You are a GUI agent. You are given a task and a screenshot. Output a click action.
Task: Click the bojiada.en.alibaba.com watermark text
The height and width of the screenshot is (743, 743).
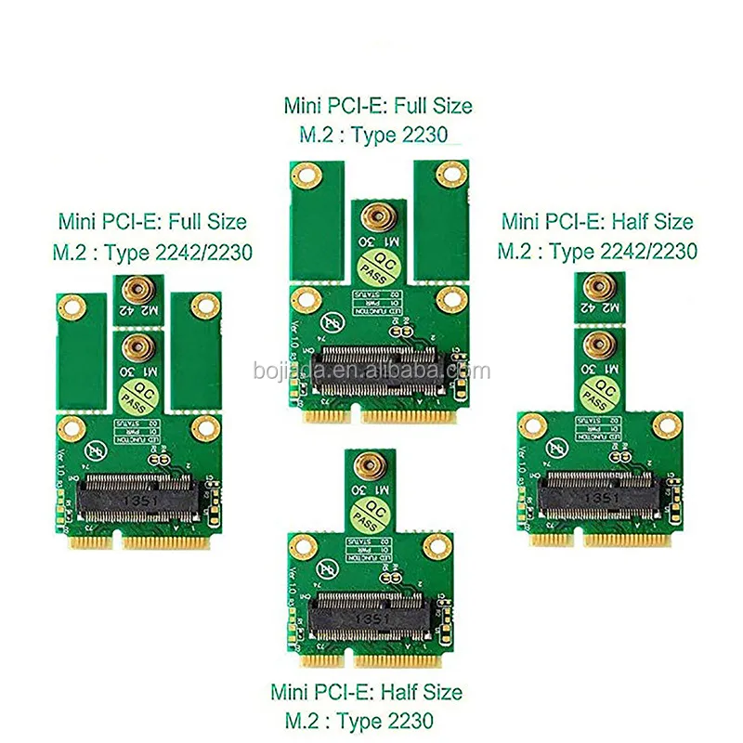(x=371, y=371)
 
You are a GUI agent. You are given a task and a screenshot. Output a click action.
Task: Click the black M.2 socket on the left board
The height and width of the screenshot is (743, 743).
(x=140, y=493)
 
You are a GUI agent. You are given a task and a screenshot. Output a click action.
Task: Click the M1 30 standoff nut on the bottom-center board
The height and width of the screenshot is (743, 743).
(x=367, y=462)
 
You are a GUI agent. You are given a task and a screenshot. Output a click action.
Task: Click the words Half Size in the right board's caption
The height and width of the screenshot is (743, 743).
(x=650, y=222)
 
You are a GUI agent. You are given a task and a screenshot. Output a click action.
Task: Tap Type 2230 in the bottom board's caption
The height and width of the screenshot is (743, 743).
(x=383, y=719)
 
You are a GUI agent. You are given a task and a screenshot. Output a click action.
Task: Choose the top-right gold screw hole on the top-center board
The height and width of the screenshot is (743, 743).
(x=451, y=172)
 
